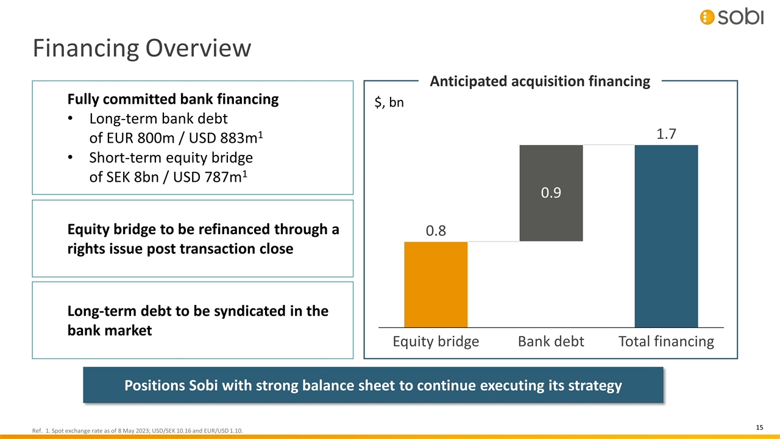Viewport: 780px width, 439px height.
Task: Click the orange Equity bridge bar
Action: [x=436, y=285]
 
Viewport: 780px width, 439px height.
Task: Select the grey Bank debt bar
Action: [x=551, y=193]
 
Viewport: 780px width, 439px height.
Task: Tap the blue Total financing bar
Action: [x=666, y=236]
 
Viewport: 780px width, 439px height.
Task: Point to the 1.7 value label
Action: [x=666, y=134]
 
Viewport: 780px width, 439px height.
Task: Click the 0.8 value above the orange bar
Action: [x=436, y=230]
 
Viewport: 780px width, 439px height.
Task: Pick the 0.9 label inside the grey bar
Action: [x=551, y=193]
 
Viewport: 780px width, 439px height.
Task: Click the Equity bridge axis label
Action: [x=436, y=341]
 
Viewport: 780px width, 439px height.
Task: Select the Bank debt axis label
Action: [x=551, y=341]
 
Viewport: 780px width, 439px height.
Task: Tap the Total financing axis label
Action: [x=666, y=341]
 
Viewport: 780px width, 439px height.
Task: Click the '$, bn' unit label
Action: [x=389, y=102]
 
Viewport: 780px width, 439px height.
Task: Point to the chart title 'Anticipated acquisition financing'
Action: [x=540, y=81]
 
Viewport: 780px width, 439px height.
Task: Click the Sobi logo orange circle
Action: [x=707, y=17]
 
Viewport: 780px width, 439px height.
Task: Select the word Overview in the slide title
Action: [x=198, y=48]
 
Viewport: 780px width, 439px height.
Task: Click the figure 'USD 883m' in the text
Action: [x=223, y=138]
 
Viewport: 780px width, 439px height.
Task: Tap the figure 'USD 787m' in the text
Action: [x=207, y=177]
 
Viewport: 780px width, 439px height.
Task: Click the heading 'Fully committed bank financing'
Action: [x=173, y=99]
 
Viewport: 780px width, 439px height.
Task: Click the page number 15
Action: [x=759, y=427]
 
